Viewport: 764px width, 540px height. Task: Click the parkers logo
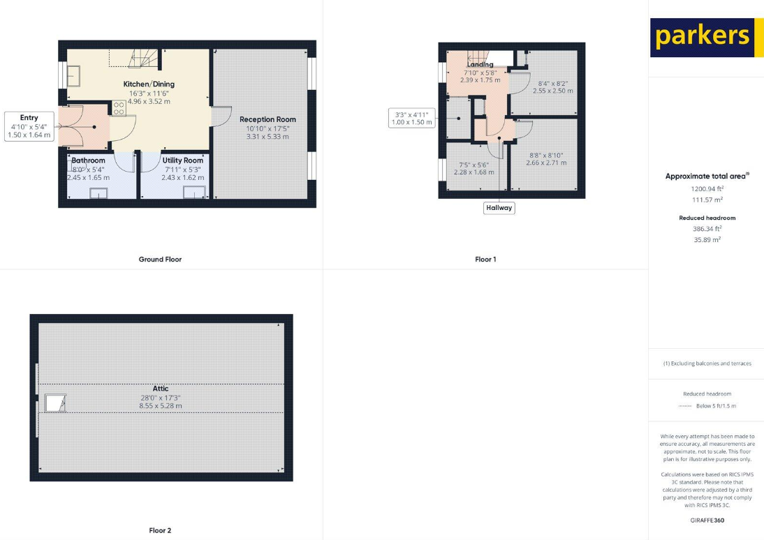(702, 37)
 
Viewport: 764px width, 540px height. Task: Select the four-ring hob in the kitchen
(119, 108)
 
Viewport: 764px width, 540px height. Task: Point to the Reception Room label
(267, 119)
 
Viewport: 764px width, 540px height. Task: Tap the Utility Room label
(182, 160)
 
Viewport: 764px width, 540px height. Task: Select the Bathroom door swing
(125, 161)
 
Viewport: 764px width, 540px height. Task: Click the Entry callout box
(29, 126)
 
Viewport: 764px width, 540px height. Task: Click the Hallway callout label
(499, 207)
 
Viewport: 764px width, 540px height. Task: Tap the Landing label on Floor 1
(480, 64)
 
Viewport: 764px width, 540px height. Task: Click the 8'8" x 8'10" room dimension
(545, 155)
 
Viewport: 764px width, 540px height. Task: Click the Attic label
(160, 389)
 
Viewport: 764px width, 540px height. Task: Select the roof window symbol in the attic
(54, 403)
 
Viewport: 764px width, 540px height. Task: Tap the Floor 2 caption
(160, 530)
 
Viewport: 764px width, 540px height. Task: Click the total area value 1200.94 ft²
(707, 188)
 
